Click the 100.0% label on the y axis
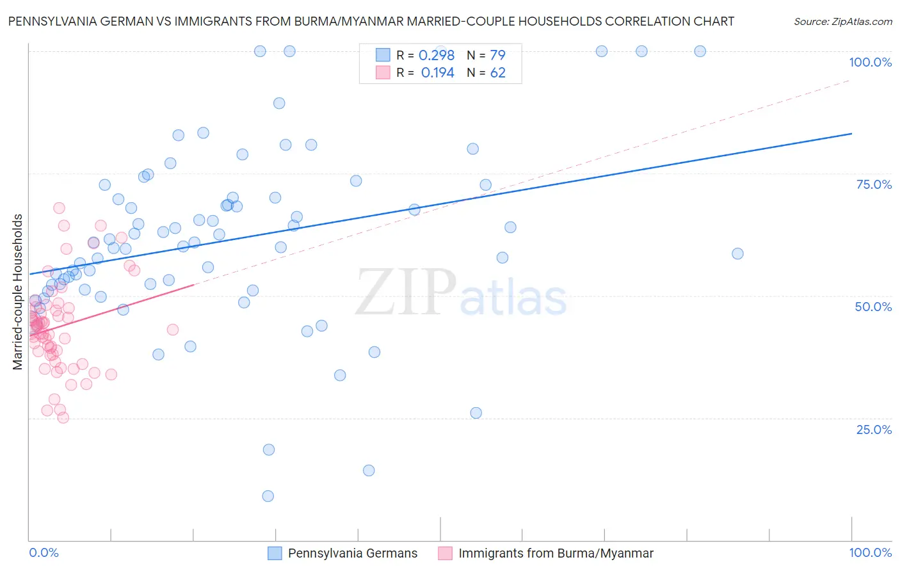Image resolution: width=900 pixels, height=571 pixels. [x=870, y=62]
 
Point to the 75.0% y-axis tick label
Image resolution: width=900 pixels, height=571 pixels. [x=874, y=184]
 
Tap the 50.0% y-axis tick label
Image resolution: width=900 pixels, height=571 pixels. [x=873, y=307]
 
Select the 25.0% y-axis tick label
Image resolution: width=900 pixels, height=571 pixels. [x=874, y=429]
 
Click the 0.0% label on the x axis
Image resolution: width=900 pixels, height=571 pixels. [x=44, y=552]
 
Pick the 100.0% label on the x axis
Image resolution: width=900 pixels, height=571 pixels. [x=870, y=552]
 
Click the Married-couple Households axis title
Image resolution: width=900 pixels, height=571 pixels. [x=18, y=292]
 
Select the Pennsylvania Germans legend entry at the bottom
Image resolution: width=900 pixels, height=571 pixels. [x=352, y=553]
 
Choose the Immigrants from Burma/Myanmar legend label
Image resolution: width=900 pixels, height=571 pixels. [x=556, y=553]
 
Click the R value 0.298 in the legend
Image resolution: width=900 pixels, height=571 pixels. [x=437, y=55]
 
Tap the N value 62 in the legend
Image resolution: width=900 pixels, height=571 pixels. [x=497, y=73]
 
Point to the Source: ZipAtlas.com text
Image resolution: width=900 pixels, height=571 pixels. [x=842, y=21]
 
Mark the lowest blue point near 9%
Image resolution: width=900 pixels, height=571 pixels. [x=268, y=496]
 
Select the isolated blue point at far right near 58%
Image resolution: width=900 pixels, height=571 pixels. [x=737, y=253]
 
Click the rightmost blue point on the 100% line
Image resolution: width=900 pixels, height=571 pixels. [x=700, y=51]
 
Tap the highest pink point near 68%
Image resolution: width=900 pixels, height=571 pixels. [x=59, y=208]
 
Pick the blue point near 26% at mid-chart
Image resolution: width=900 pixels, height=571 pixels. [x=476, y=413]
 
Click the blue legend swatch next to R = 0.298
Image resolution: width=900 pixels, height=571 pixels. [x=383, y=55]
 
